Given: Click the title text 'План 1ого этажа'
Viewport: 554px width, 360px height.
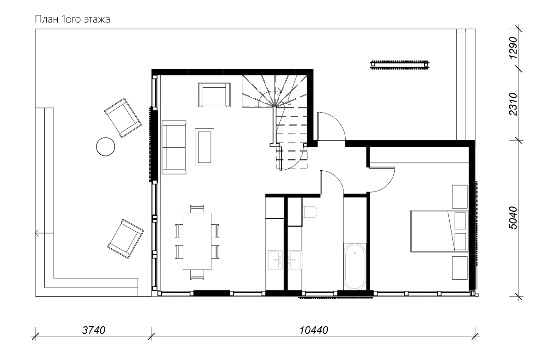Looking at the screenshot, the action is (72, 19).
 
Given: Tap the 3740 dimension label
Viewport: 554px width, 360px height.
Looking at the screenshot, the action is (94, 330).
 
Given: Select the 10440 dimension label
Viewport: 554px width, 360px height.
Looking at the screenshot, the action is (313, 330).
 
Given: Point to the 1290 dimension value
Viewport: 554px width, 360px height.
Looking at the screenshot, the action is (513, 48).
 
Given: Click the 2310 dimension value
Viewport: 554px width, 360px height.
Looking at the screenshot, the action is (513, 104).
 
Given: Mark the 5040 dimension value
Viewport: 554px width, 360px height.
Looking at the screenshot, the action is (513, 218).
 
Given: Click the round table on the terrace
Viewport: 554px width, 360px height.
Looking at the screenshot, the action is (106, 147).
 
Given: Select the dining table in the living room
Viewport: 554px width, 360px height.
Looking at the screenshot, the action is (197, 241).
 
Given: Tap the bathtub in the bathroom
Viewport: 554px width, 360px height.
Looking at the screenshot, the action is (355, 267).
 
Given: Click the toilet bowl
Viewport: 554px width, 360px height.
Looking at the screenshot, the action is (310, 212).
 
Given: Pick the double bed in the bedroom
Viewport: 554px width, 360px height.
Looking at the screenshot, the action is (440, 231).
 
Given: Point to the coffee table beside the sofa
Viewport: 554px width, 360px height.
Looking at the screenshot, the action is (205, 147).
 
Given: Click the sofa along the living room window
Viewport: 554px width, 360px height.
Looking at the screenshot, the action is (174, 147).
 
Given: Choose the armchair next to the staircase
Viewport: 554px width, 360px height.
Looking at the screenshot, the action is (214, 95).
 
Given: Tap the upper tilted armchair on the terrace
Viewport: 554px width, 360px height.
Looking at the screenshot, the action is (123, 118).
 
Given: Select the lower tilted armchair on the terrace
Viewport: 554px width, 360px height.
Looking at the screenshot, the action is (126, 239).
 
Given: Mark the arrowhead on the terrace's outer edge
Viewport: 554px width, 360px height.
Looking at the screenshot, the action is (37, 233).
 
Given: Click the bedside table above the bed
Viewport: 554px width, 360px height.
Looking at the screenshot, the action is (460, 197).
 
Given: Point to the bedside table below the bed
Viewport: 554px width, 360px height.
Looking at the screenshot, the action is (460, 268).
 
